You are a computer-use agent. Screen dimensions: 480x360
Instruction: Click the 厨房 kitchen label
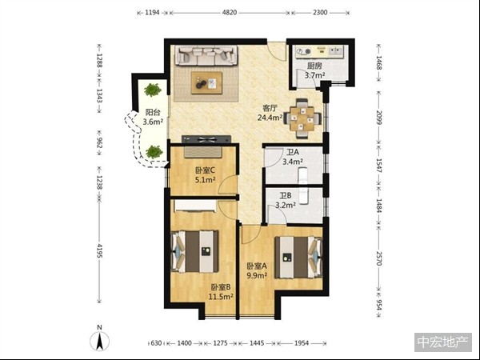click(x=314, y=66)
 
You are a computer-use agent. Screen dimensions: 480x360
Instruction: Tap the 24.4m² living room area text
click(x=270, y=118)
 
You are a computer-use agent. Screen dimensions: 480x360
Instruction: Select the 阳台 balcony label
click(x=153, y=112)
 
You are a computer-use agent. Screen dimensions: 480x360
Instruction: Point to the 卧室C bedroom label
click(x=205, y=170)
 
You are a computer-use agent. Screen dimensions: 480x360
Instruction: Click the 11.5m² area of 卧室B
click(x=221, y=296)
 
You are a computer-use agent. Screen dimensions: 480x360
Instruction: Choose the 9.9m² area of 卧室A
click(x=257, y=275)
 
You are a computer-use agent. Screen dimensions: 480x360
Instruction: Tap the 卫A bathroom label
click(x=293, y=152)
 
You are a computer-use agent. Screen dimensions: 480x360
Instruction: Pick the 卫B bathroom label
click(x=286, y=196)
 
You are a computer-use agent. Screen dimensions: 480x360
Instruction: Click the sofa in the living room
click(x=206, y=55)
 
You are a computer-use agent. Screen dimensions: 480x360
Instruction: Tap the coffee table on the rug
click(x=206, y=83)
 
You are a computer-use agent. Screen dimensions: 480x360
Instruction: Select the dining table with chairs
click(x=302, y=118)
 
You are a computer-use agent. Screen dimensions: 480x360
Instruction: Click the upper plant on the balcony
click(x=153, y=90)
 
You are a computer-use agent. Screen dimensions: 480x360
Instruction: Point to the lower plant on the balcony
click(x=154, y=152)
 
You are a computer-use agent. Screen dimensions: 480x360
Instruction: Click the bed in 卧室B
click(x=194, y=251)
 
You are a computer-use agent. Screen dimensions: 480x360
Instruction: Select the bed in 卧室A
click(x=298, y=257)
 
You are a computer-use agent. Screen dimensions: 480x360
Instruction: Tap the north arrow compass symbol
click(x=99, y=341)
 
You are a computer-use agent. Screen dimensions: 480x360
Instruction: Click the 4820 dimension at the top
click(x=230, y=13)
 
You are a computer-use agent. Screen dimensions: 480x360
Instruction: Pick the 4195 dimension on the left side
click(x=99, y=250)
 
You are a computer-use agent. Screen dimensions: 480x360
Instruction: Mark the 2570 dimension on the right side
click(x=379, y=258)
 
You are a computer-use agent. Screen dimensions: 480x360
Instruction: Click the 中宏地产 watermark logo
click(x=443, y=342)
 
